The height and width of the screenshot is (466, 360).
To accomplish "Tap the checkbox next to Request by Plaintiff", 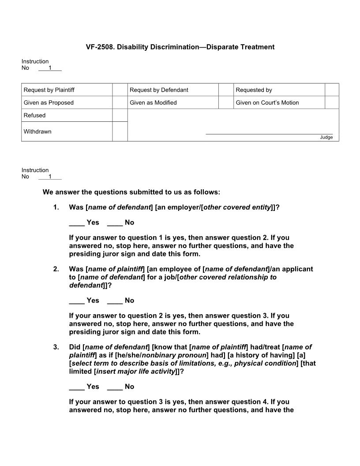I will click(x=120, y=90).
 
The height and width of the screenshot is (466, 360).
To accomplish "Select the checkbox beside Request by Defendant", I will click(x=225, y=90).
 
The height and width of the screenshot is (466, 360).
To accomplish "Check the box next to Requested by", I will click(x=332, y=90).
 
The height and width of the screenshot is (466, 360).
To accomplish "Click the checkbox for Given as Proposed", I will click(x=120, y=102).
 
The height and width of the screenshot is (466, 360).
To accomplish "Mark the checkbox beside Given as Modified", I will click(x=225, y=102).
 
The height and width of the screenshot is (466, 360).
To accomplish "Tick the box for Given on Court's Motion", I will click(x=332, y=102).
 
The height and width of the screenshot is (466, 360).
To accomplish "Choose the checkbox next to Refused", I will click(x=120, y=115).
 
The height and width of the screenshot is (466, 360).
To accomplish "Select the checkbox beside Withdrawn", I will click(x=120, y=132).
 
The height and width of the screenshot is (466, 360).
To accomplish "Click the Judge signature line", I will click(x=269, y=133).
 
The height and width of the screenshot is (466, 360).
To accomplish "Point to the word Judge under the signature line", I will click(x=326, y=137).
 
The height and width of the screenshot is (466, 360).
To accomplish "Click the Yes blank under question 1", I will click(x=76, y=223).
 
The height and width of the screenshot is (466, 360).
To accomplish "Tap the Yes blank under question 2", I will click(x=76, y=301).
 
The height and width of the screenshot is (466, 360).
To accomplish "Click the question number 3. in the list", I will click(x=56, y=347).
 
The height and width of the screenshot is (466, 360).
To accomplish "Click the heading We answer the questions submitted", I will click(x=131, y=192).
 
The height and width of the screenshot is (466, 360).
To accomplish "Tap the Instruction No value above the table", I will click(x=50, y=68).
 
